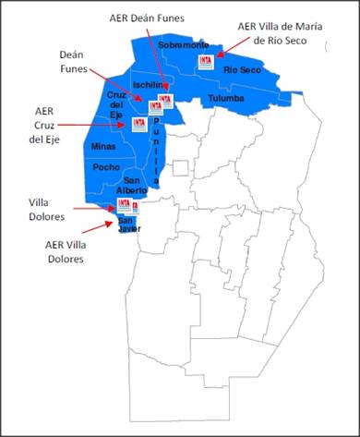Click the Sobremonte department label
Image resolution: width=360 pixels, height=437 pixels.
coord(184,44)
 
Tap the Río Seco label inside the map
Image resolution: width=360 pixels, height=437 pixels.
coord(243,70)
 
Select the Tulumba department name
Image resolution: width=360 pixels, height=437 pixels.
coord(225,98)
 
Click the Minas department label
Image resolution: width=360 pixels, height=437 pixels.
coord(103,146)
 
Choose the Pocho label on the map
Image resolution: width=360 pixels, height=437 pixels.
coord(107,167)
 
